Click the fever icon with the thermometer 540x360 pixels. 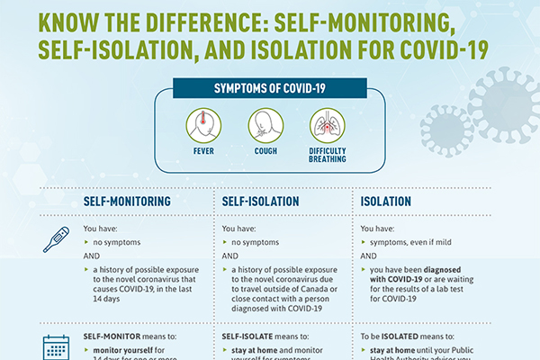pos(203,125)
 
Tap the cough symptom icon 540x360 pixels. pos(265,125)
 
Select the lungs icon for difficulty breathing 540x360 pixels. pos(328,125)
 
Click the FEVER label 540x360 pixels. pos(203,151)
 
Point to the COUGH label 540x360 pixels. pos(265,151)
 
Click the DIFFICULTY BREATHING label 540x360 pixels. pos(328,155)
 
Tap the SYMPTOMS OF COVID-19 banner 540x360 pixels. pos(270,88)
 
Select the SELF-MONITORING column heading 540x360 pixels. pos(127,202)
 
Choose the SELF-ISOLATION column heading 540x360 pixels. pos(260,202)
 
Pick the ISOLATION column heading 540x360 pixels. pos(386,202)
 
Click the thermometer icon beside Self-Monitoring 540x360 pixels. pos(56,239)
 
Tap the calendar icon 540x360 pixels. pos(56,347)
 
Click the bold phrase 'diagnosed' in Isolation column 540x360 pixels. pos(437,270)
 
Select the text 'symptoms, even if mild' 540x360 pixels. pos(410,242)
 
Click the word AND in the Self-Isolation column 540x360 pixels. pos(230,256)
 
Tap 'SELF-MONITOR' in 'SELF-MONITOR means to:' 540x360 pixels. pos(112,337)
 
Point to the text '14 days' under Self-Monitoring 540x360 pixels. pos(106,299)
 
